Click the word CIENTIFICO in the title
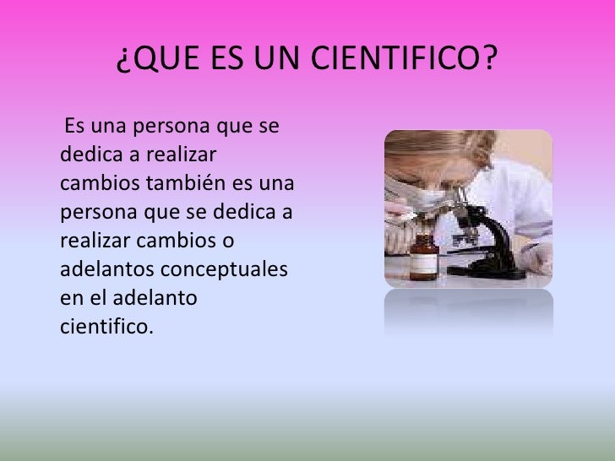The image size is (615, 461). [405, 59]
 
